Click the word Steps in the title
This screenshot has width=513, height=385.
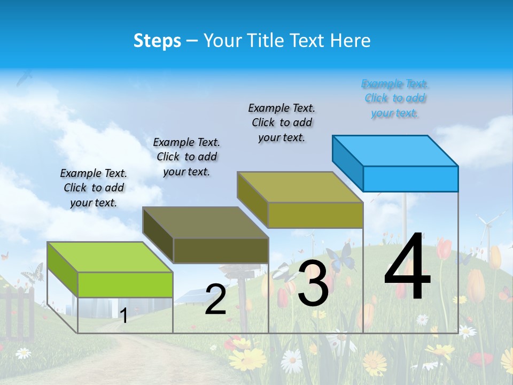tap(157, 41)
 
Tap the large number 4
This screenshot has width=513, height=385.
tap(407, 267)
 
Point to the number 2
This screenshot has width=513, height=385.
tap(215, 299)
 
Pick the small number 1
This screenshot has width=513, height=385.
tap(123, 315)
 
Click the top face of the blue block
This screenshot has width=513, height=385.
tap(395, 151)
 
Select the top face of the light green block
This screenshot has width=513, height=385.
tap(110, 257)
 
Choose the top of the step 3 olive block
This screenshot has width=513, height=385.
tap(300, 187)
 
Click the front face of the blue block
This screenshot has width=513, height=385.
tap(410, 179)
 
